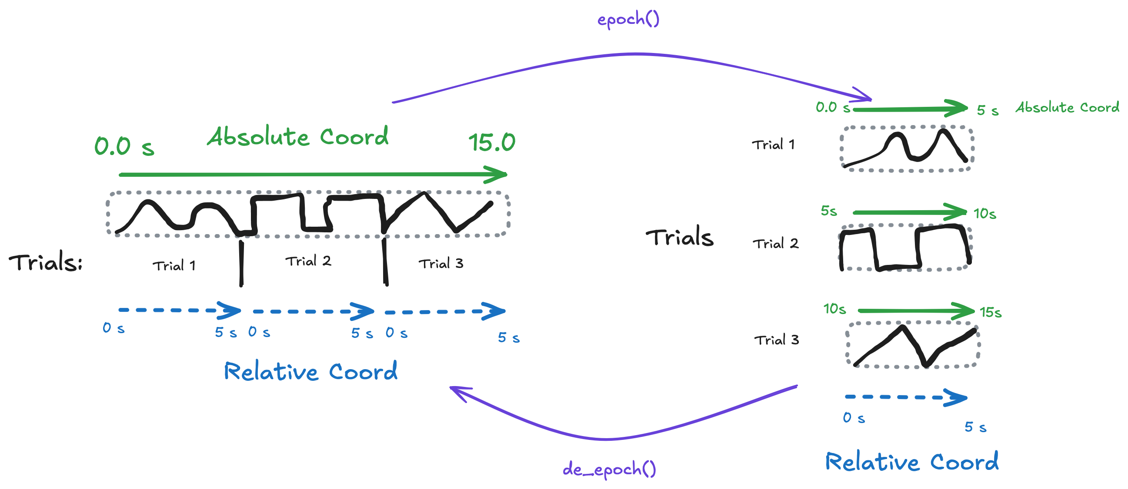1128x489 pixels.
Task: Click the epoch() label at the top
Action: tap(628, 20)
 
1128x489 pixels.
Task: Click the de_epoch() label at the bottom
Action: tap(609, 469)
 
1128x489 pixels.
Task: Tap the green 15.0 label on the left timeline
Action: tap(491, 142)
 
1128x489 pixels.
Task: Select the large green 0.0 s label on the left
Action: tap(124, 146)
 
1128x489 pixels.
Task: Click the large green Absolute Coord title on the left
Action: tap(298, 136)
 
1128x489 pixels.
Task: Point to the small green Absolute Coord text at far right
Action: tap(1067, 108)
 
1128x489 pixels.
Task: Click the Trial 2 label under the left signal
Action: tap(308, 261)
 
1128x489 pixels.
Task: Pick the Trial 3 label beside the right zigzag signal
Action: tap(776, 340)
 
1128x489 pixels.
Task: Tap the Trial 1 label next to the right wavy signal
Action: tap(773, 145)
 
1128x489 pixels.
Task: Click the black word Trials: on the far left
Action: tap(46, 262)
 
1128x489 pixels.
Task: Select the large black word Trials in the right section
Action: tap(680, 238)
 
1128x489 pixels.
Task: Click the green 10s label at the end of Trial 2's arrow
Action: tap(984, 214)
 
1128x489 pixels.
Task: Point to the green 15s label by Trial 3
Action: tap(990, 312)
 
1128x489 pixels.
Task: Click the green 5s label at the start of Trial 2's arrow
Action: tap(828, 211)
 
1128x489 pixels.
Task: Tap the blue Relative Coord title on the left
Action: tap(310, 371)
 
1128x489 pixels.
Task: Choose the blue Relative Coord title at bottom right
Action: tap(912, 462)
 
